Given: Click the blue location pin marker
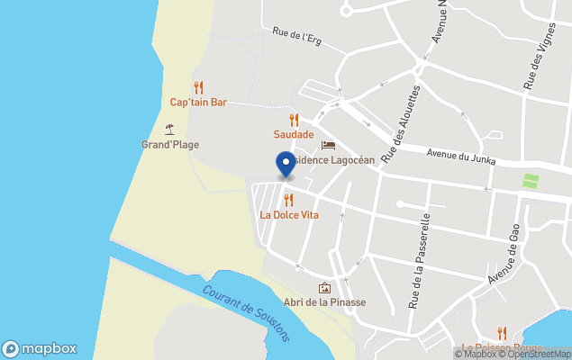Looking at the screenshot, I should tap(286, 164).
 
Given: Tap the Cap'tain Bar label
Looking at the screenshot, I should tap(198, 103).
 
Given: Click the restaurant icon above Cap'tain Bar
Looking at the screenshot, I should tap(198, 87).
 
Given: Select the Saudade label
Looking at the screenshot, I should tap(294, 135).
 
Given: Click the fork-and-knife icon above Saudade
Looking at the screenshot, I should tap(294, 120).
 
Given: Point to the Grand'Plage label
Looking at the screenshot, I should tap(170, 145).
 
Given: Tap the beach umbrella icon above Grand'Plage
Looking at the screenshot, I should tap(169, 129).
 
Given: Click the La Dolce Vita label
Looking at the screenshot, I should tap(289, 215).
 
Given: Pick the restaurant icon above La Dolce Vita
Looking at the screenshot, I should tap(288, 200).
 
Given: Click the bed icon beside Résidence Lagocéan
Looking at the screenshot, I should tap(328, 145).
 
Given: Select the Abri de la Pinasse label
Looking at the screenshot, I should tap(324, 302).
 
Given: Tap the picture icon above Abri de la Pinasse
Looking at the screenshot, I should tap(324, 287).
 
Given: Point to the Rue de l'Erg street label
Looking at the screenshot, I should tap(296, 36).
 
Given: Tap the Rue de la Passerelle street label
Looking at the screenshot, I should tap(420, 261).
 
